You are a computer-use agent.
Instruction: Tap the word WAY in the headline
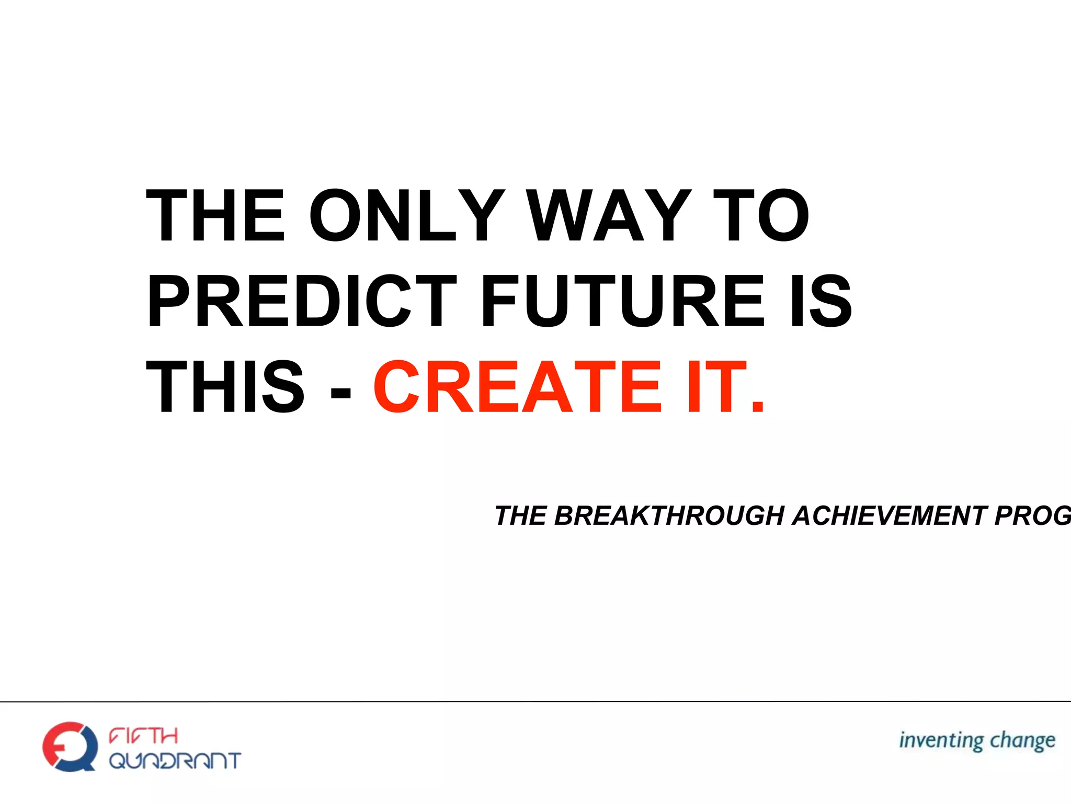tap(609, 216)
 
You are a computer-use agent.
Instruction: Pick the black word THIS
tap(225, 387)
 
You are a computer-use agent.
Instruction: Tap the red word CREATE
tap(518, 387)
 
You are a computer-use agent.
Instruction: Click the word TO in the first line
tap(761, 216)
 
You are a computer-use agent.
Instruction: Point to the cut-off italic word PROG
tap(1033, 516)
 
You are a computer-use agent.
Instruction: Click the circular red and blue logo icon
tap(70, 747)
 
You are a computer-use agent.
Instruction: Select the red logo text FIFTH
tap(143, 736)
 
